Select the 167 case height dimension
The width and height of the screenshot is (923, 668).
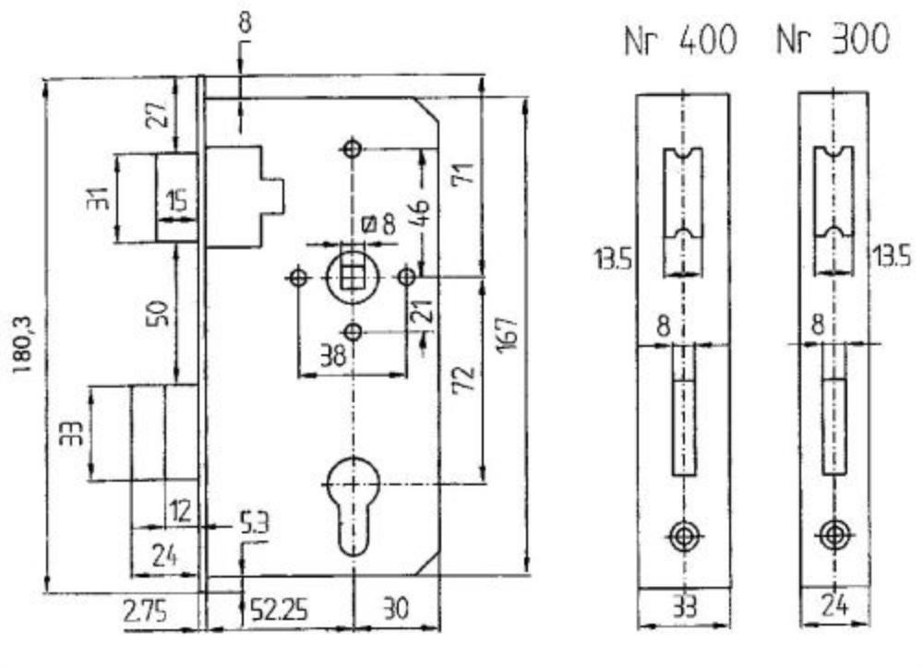coord(505,334)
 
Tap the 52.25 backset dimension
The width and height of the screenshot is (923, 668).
coord(279,610)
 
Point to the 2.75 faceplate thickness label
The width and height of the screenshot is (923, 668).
coord(145,611)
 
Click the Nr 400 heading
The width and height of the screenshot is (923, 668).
coord(680,41)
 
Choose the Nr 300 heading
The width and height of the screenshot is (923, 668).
coord(833,40)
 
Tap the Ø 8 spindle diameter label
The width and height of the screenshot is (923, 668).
coord(379,225)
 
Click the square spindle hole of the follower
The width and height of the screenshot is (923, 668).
coord(352,276)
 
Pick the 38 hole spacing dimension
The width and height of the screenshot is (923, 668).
coord(333,355)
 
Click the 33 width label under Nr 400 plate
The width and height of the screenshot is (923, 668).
coord(684,607)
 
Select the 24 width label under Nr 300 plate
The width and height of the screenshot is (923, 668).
coord(834,605)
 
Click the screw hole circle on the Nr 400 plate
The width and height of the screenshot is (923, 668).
coord(683,536)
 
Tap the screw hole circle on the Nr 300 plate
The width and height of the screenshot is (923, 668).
coord(834,535)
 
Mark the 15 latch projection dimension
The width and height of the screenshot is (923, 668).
coord(176,201)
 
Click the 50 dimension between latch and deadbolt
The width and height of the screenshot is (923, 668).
coord(159,313)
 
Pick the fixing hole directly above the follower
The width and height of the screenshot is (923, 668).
coord(353,149)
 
